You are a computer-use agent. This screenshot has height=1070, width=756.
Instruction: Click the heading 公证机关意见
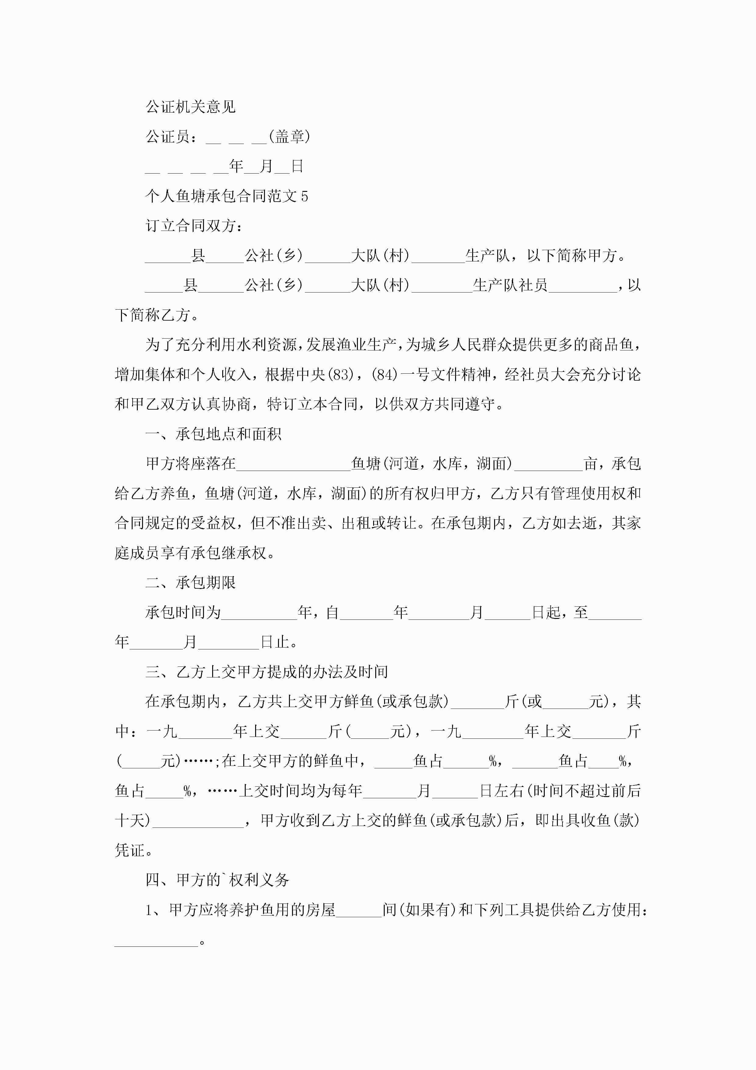pyautogui.click(x=191, y=107)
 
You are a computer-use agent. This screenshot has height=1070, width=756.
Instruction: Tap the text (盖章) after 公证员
pyautogui.click(x=289, y=137)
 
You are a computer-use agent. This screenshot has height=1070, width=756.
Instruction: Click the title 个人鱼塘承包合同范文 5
pyautogui.click(x=226, y=196)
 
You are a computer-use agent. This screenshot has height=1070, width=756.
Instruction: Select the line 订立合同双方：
pyautogui.click(x=194, y=226)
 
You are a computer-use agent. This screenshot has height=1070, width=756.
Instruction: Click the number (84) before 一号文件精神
pyautogui.click(x=385, y=375)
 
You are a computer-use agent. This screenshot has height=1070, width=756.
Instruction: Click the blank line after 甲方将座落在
pyautogui.click(x=293, y=465)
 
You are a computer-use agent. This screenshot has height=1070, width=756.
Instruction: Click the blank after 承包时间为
pyautogui.click(x=259, y=614)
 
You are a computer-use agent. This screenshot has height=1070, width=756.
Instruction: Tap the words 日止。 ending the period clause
pyautogui.click(x=279, y=643)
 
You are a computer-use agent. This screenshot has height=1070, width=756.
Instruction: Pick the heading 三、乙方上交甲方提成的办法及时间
pyautogui.click(x=266, y=672)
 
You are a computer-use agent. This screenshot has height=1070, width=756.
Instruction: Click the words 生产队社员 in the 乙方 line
pyautogui.click(x=510, y=285)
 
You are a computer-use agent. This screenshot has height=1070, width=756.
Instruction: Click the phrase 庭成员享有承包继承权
pyautogui.click(x=190, y=553)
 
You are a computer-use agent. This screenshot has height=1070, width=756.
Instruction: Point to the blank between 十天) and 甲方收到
pyautogui.click(x=198, y=822)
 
